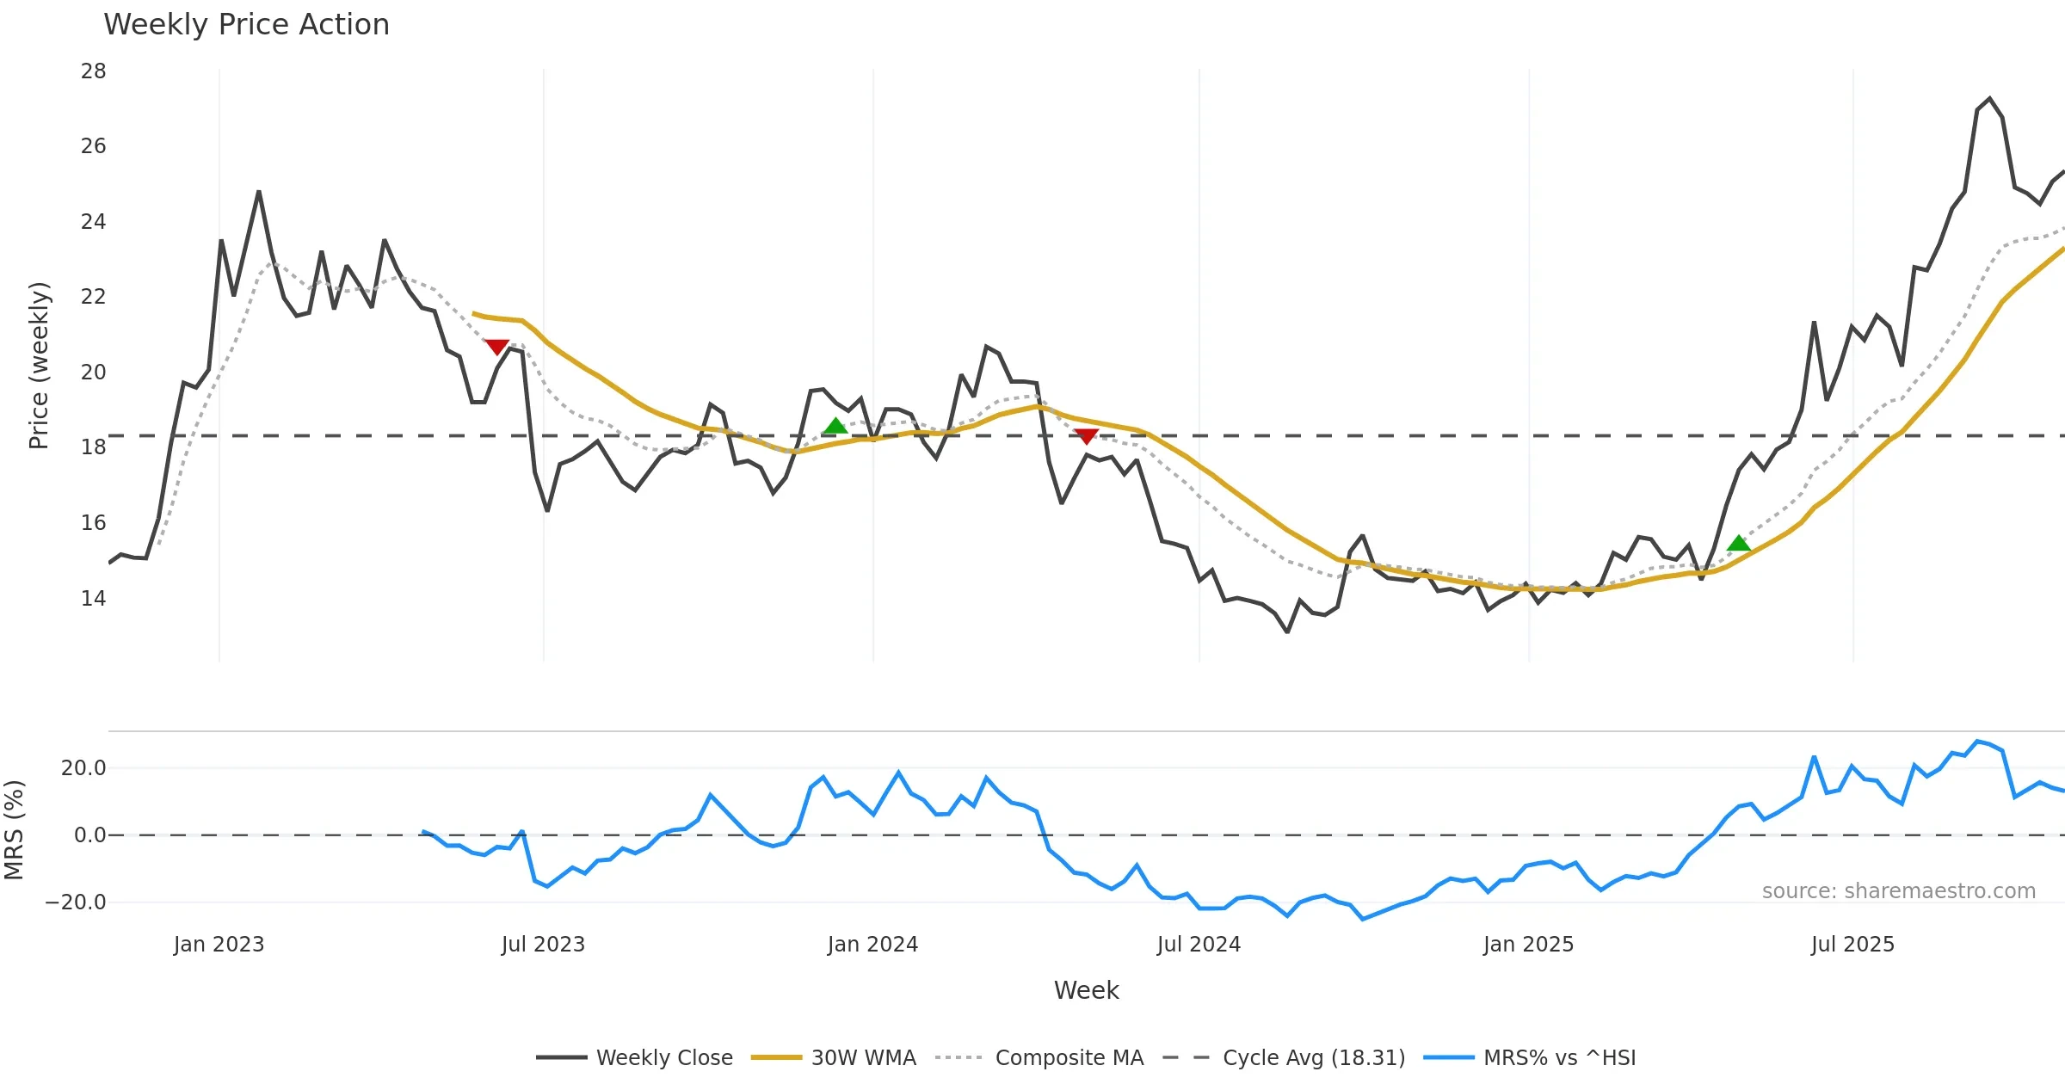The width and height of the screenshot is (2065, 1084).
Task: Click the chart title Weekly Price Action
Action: (246, 25)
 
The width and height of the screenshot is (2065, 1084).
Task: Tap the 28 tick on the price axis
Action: (94, 71)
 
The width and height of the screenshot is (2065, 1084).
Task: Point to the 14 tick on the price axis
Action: (94, 598)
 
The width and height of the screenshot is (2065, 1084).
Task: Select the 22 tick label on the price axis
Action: (94, 297)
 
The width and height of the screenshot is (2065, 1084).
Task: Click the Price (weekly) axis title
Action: (39, 366)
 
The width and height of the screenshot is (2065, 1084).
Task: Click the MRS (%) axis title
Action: (15, 829)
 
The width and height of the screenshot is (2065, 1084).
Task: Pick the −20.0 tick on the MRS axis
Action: (76, 902)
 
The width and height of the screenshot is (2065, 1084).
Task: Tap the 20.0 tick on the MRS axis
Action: (83, 767)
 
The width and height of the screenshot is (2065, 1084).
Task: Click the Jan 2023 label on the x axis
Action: (219, 945)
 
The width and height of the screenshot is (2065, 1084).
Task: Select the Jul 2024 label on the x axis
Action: (1199, 945)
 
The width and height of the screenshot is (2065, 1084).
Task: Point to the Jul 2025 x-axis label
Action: (1852, 945)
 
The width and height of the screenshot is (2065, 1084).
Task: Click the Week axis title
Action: (1086, 990)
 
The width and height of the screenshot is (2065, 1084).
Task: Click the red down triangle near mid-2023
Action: (496, 347)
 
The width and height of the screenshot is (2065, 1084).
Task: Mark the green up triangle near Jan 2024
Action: (835, 426)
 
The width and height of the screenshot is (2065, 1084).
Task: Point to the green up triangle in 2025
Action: (1739, 543)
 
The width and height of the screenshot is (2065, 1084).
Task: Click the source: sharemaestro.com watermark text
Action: (1898, 890)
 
